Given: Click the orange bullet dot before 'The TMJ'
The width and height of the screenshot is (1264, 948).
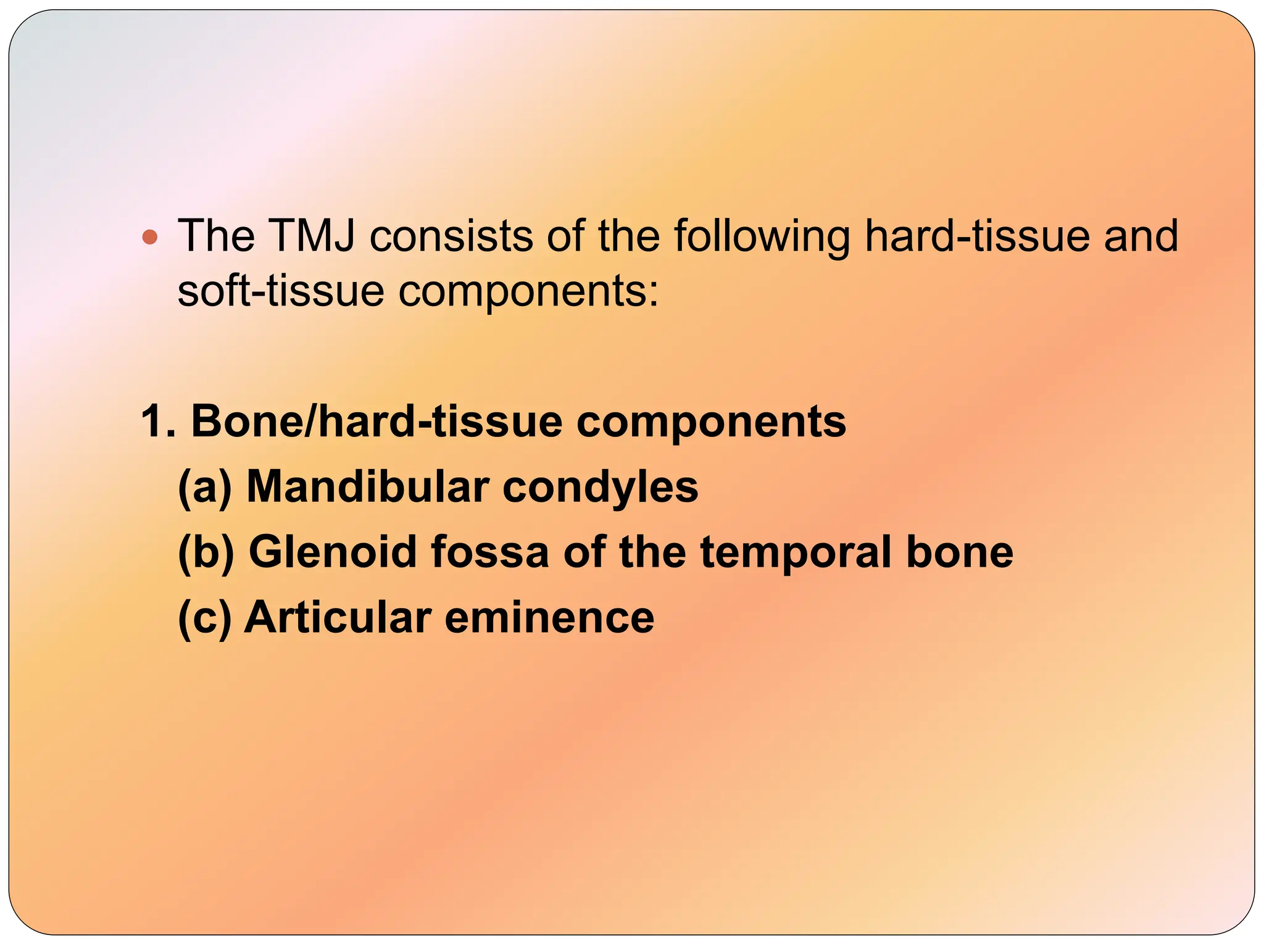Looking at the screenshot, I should [x=150, y=236].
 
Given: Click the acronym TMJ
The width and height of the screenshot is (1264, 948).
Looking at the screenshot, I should [x=312, y=236].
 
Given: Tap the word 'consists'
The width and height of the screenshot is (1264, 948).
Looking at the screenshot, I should [x=451, y=236].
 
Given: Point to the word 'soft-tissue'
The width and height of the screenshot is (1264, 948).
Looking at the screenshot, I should [x=281, y=291].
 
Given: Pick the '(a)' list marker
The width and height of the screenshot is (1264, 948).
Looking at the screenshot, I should [x=205, y=488].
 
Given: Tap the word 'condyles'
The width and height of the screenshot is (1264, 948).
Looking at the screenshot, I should [x=600, y=488].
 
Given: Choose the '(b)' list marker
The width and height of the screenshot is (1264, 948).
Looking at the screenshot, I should [x=206, y=552].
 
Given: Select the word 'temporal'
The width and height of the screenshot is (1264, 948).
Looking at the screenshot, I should [x=796, y=552].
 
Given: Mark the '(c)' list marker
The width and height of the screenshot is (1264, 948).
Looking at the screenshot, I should [x=204, y=618].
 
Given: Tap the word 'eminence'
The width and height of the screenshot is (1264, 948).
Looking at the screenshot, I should [x=549, y=618].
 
